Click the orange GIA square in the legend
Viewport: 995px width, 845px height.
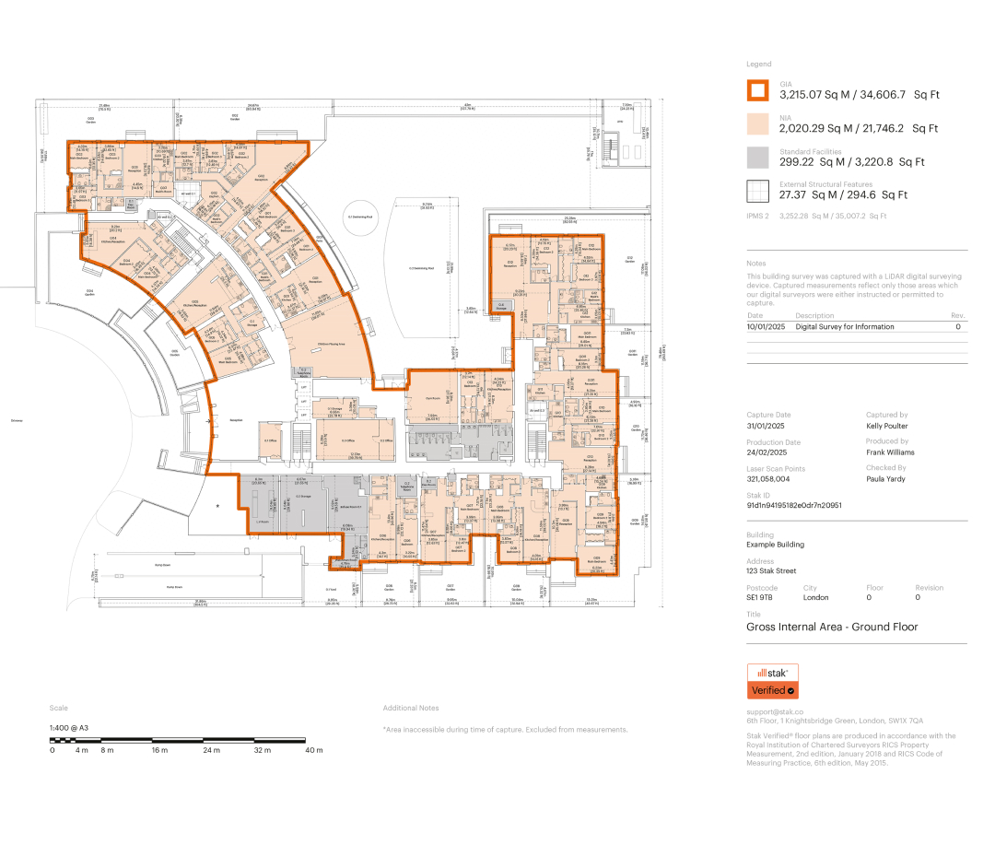pos(756,90)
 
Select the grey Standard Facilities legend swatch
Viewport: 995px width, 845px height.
pos(756,158)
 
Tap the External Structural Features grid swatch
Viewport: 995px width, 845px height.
pos(756,191)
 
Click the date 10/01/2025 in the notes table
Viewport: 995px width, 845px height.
pos(765,326)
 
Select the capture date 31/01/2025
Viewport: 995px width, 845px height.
pos(765,426)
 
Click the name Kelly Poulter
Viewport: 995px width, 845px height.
pos(886,426)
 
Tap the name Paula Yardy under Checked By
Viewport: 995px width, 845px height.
pos(885,478)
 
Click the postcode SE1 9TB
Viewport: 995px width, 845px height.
pos(759,597)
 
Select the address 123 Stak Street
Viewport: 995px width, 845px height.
pos(772,571)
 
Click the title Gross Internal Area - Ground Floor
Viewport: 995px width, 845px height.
pos(831,627)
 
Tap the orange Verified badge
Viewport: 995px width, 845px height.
pos(772,690)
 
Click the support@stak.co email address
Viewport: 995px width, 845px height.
pos(775,711)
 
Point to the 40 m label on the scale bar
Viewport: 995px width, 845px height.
pos(314,750)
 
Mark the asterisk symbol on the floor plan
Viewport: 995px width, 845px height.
pos(218,506)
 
